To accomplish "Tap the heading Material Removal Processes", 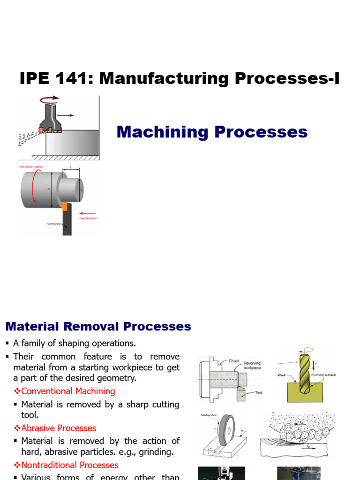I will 98,326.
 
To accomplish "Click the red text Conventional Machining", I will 68,391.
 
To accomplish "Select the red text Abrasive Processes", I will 59,428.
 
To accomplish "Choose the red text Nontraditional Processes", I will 70,465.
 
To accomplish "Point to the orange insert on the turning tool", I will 65,206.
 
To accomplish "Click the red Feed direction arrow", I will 88,213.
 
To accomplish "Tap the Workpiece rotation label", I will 31,166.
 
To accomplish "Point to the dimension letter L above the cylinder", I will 70,167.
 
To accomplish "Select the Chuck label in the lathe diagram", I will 234,361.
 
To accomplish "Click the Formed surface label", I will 323,375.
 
